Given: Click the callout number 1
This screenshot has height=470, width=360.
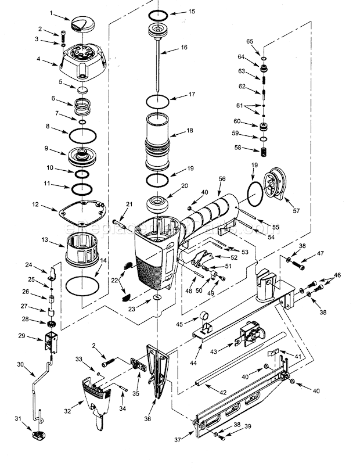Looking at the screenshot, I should pyautogui.click(x=51, y=12).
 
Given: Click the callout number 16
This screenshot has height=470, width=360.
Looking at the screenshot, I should pyautogui.click(x=184, y=47).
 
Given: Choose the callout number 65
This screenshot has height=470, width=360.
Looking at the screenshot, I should pyautogui.click(x=250, y=41).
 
